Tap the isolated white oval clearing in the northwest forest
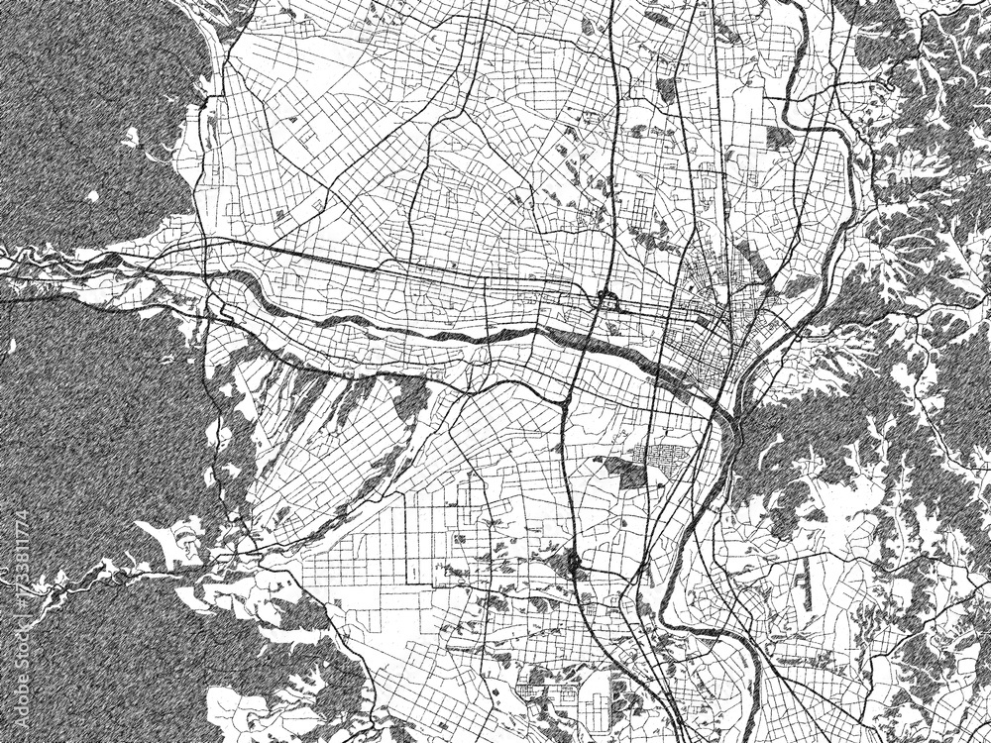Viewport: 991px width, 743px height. pyautogui.click(x=92, y=196)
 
